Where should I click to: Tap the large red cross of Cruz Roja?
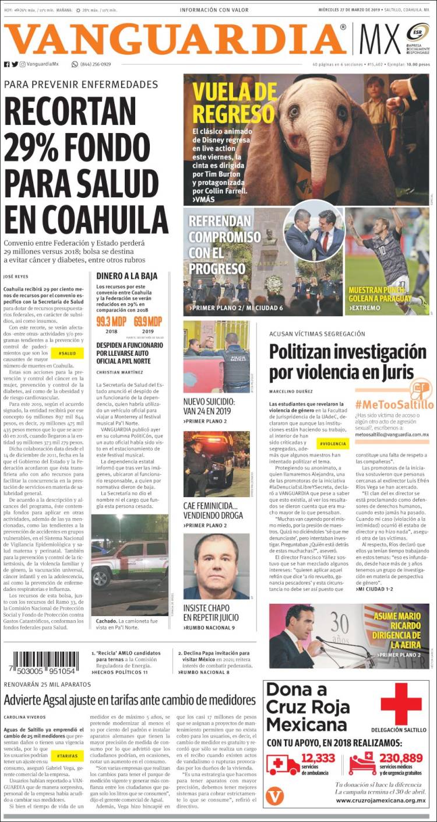401,703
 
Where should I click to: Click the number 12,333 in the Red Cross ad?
318,758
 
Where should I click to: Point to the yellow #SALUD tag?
67,353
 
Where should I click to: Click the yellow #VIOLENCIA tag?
333,443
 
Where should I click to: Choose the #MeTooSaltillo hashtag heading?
394,404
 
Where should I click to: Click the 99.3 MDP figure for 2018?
111,321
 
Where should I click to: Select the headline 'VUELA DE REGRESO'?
235,103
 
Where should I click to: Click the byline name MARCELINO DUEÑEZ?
292,391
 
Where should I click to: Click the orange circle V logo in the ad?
274,796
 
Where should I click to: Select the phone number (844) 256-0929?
95,64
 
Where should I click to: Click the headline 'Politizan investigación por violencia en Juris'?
348,362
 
